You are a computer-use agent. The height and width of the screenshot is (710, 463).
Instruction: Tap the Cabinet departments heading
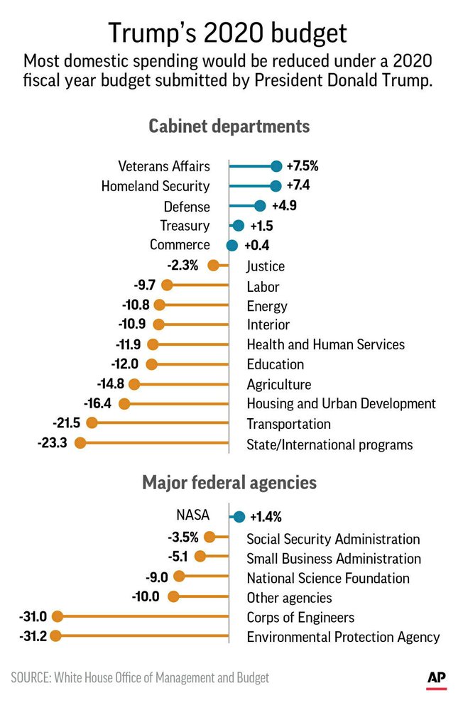click(229, 126)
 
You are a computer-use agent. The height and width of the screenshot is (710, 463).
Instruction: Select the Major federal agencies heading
click(229, 483)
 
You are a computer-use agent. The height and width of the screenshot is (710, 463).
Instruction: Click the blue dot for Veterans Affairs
click(276, 166)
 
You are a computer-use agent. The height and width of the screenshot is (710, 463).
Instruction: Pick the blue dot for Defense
click(260, 206)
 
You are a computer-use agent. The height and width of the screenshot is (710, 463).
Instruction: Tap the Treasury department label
click(185, 226)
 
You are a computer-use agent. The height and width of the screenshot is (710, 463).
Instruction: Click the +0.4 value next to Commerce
click(256, 246)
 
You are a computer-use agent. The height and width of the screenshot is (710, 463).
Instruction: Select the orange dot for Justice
click(213, 266)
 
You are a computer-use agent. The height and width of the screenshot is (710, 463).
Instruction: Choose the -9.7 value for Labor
click(146, 285)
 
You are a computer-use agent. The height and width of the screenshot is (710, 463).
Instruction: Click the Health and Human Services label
click(325, 344)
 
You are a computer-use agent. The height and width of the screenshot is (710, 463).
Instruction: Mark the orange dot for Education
click(151, 364)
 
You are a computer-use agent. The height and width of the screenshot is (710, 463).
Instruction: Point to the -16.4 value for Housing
click(99, 403)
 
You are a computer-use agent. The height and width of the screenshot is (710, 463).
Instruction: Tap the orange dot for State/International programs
click(80, 443)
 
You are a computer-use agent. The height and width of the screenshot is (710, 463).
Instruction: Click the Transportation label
click(288, 424)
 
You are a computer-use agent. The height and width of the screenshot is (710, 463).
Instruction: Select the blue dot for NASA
click(239, 517)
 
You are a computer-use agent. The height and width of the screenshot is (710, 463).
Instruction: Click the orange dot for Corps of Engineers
click(58, 617)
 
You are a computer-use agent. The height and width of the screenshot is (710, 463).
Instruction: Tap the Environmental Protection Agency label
click(343, 637)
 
